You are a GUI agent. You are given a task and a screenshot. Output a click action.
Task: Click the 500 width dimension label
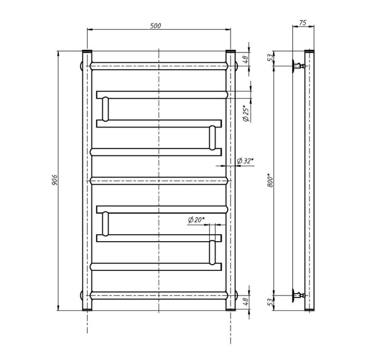click(156, 26)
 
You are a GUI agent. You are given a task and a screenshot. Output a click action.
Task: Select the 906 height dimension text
click(54, 180)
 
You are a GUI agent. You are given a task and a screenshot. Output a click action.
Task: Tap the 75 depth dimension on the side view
click(303, 23)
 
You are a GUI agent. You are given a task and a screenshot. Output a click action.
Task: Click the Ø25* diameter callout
click(246, 114)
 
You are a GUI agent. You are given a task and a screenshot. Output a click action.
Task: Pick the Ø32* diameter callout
click(245, 161)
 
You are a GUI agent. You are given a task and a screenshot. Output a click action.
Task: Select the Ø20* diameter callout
click(196, 219)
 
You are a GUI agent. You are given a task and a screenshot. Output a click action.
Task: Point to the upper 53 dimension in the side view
click(270, 58)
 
